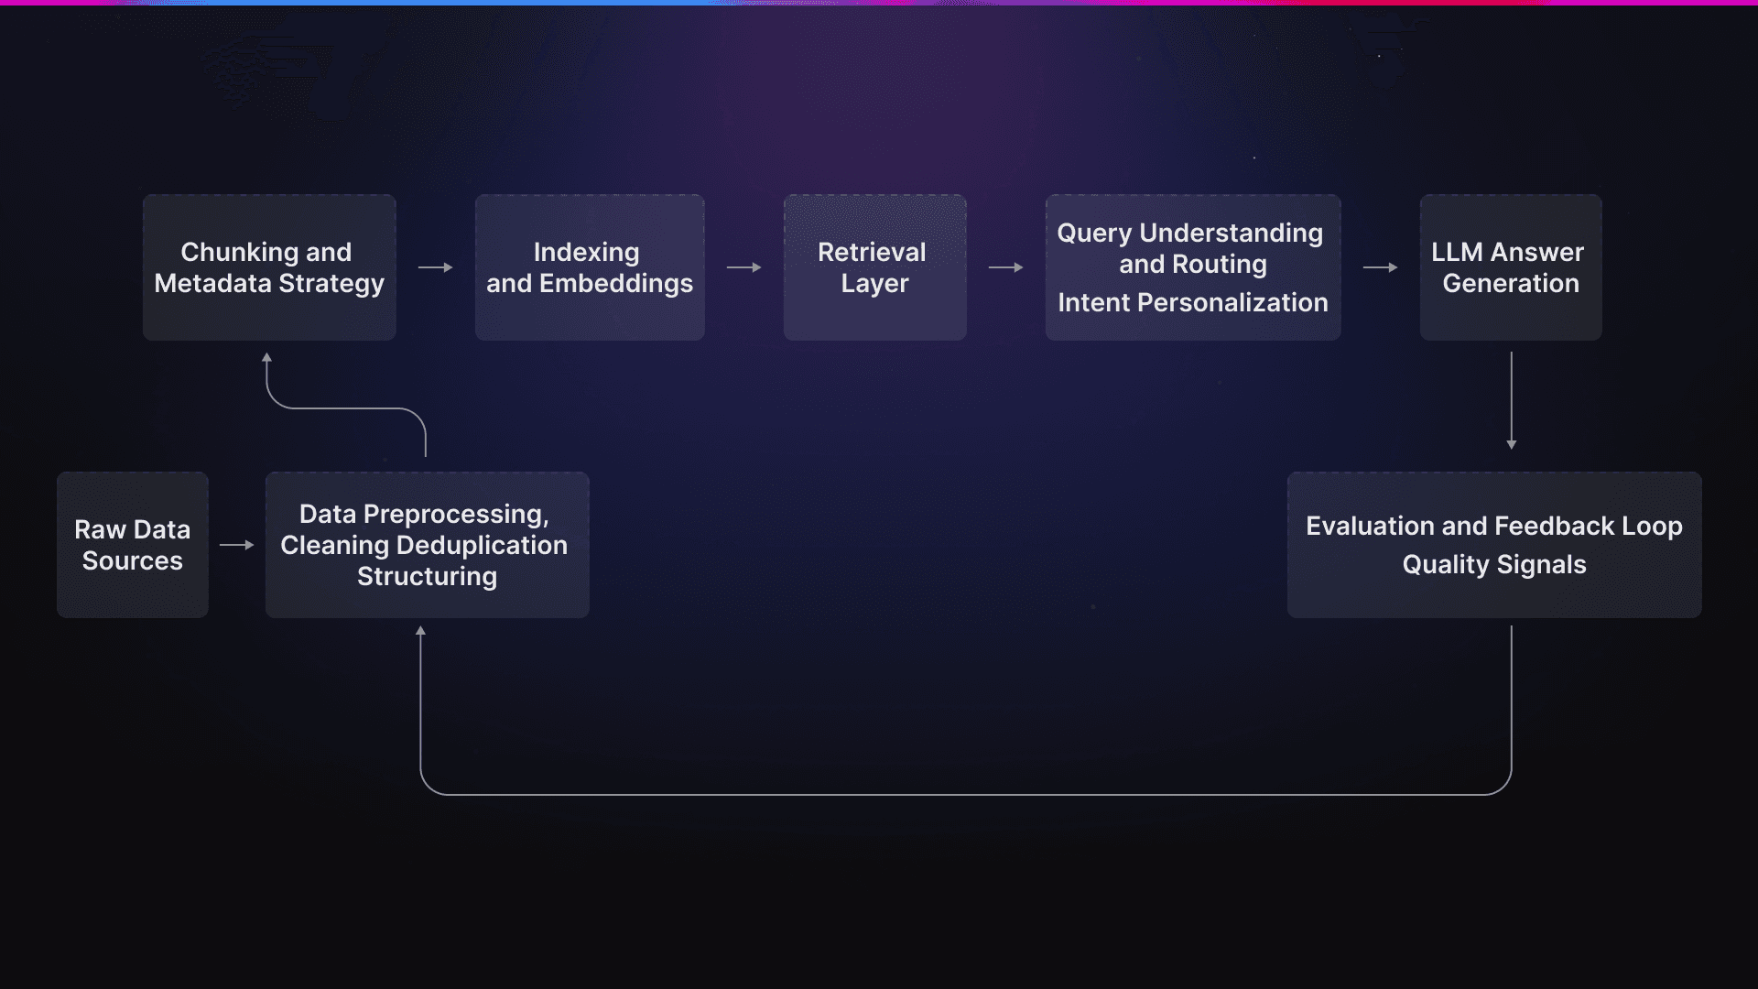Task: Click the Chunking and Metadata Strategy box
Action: (269, 267)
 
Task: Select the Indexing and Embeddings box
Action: (590, 267)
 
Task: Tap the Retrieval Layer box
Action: (874, 267)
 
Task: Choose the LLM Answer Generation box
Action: (1511, 267)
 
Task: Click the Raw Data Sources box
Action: (133, 545)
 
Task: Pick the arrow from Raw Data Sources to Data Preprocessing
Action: (236, 545)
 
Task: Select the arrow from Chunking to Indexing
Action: (436, 267)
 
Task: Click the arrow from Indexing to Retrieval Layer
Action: (743, 267)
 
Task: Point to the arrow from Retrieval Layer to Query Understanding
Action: (1005, 267)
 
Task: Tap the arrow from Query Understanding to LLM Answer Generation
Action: (1380, 267)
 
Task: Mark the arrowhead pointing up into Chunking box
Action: (266, 358)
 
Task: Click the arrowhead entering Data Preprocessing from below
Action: (420, 631)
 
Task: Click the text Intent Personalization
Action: (1192, 302)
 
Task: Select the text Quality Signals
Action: (1494, 564)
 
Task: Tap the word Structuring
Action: (427, 576)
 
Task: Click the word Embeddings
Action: (616, 283)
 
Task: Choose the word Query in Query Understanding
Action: (1094, 234)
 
